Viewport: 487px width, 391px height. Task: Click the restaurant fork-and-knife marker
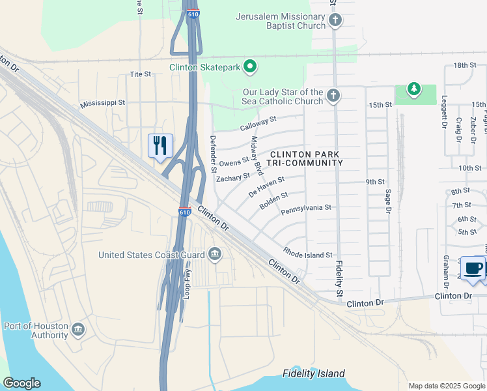coord(160,146)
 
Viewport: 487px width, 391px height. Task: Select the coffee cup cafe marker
coord(473,268)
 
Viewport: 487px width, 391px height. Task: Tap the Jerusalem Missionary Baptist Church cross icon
coord(335,20)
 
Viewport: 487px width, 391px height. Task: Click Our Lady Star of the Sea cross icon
coord(333,96)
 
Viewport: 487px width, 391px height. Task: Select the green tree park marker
coord(413,88)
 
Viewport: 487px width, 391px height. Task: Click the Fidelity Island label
coord(313,373)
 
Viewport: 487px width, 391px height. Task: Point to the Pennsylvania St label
coord(306,209)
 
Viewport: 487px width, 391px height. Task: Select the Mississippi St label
coord(102,104)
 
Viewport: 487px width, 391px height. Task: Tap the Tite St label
coord(140,74)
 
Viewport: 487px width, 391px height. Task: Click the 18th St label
coord(466,65)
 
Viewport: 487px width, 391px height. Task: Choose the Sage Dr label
coord(387,201)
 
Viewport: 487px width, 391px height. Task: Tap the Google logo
coord(21,383)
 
